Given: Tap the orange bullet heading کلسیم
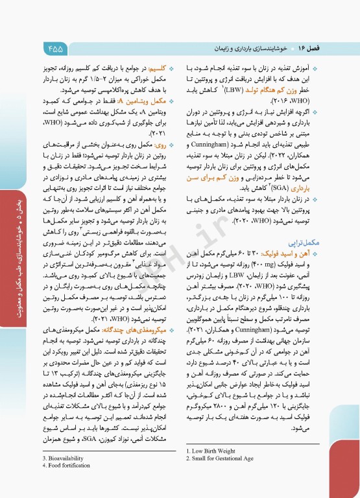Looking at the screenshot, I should pos(160,67).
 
